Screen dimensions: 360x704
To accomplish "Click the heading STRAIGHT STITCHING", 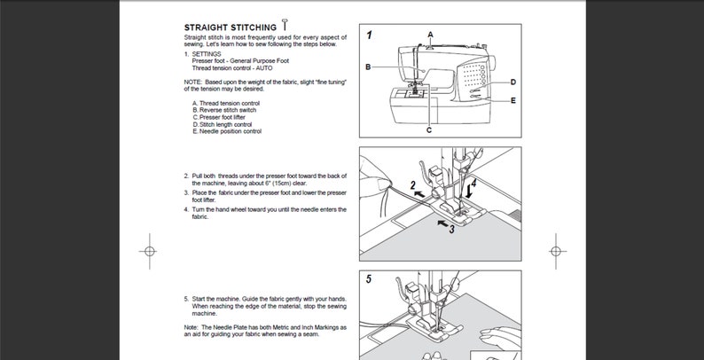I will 229,27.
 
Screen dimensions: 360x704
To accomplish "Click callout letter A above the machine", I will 430,35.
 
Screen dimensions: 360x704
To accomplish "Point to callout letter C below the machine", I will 429,130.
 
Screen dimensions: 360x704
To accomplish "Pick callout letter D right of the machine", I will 513,82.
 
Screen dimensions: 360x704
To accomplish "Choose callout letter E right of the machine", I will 513,101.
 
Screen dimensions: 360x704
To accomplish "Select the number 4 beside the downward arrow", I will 474,184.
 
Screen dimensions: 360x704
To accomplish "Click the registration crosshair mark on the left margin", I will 149,250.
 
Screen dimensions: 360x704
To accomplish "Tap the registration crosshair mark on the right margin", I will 555,250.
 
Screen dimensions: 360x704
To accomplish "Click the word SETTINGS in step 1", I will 209,53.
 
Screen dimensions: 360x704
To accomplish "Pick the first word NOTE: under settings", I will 192,82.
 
